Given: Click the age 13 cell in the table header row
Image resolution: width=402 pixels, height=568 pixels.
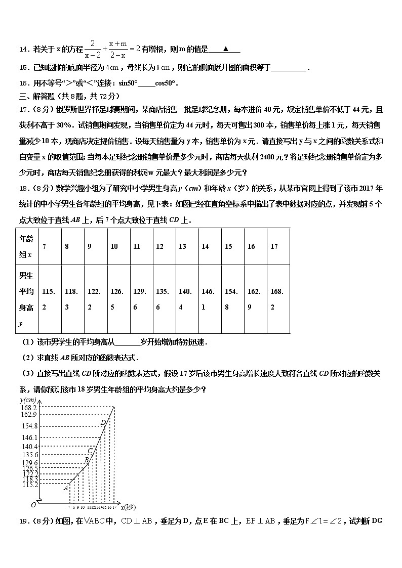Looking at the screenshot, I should click(x=182, y=246).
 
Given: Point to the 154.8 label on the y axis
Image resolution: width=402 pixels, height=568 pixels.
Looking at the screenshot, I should click(x=29, y=426).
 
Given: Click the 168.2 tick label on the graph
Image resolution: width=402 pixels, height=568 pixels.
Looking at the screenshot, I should click(x=29, y=407).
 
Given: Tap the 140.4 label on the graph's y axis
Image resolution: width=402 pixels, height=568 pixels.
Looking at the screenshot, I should click(x=29, y=447).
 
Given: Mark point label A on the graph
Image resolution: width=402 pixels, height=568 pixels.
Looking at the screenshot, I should click(x=65, y=488).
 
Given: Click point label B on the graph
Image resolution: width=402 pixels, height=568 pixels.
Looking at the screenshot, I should click(x=87, y=460).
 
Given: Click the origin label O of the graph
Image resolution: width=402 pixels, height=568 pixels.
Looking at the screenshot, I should click(x=33, y=505).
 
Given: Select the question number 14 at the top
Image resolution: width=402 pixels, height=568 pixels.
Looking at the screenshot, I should click(x=23, y=50).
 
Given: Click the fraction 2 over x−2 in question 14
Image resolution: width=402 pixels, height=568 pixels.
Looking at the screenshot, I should click(x=93, y=49).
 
